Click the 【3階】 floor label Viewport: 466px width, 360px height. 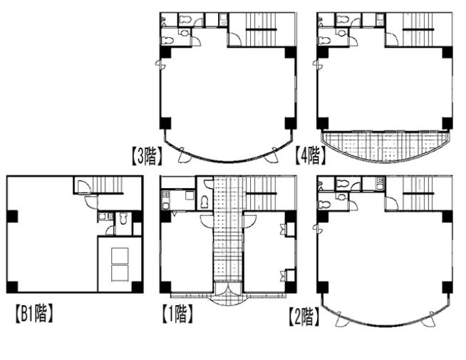(x=147, y=157)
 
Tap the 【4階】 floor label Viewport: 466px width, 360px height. (x=310, y=156)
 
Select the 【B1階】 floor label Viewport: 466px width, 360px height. (x=34, y=314)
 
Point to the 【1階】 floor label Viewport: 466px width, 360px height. (x=177, y=314)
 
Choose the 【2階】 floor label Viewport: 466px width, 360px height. (x=304, y=317)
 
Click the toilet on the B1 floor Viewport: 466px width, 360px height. (x=123, y=219)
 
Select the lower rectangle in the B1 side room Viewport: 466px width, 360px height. (x=120, y=273)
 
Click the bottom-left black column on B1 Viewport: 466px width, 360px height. (x=13, y=287)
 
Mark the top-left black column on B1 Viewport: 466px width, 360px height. (x=13, y=217)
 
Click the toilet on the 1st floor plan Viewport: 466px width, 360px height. (x=204, y=202)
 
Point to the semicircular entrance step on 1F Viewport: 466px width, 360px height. (x=228, y=302)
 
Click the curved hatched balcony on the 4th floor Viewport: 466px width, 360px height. (x=385, y=145)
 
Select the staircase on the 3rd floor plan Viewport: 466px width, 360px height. (x=262, y=29)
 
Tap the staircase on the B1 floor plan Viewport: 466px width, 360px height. (x=108, y=185)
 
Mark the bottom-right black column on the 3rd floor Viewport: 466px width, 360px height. (x=291, y=123)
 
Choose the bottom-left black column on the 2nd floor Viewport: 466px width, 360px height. (x=323, y=287)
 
